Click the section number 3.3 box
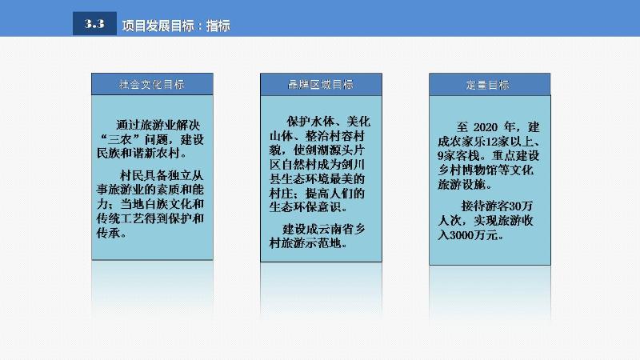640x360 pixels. (x=94, y=24)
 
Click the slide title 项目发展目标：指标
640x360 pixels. (x=176, y=26)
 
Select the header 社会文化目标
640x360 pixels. (x=152, y=85)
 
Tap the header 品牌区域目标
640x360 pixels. (x=321, y=85)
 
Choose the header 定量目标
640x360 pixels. (x=488, y=85)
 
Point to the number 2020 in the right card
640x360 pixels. (x=486, y=127)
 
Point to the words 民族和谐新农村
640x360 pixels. (x=138, y=154)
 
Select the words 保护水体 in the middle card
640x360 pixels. (x=310, y=122)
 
